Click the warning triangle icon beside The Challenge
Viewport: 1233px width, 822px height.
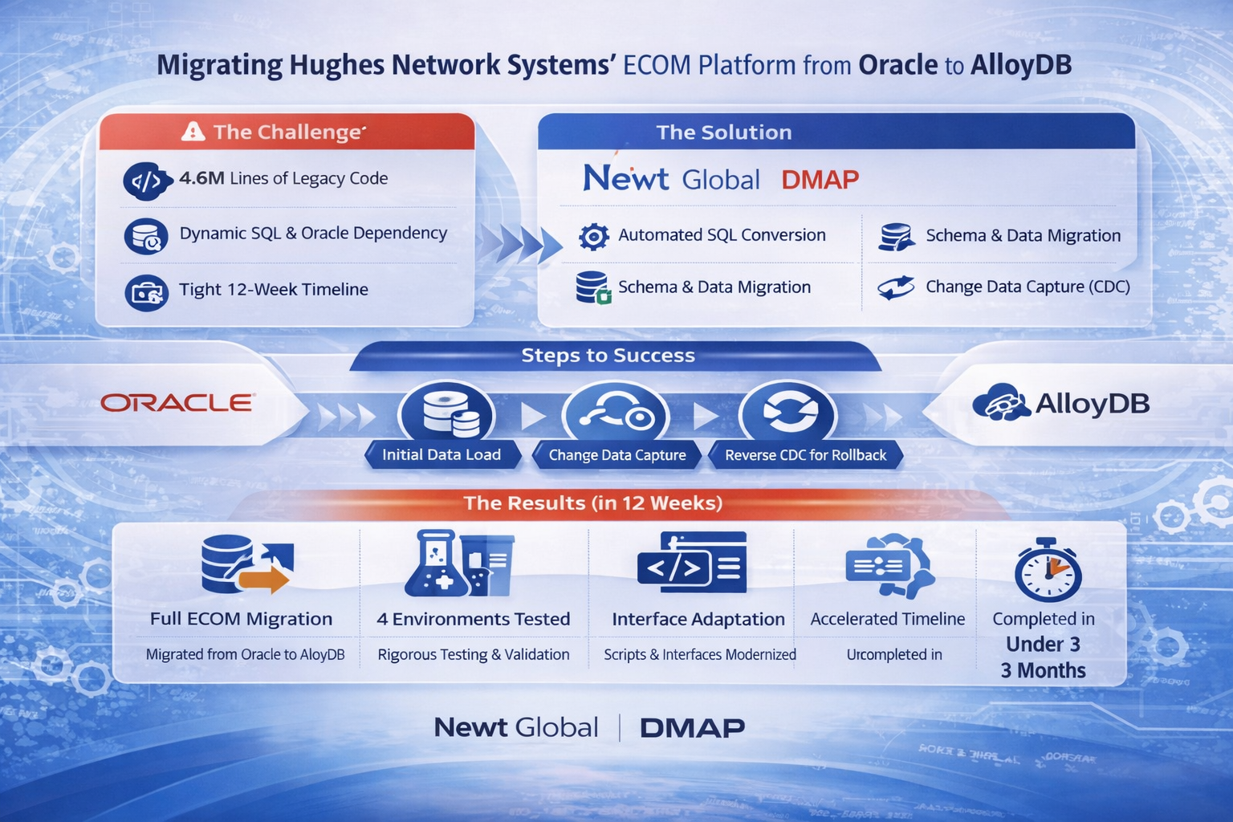pyautogui.click(x=193, y=131)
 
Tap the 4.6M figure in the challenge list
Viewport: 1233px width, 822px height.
pyautogui.click(x=201, y=178)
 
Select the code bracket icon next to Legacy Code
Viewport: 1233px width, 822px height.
pyautogui.click(x=146, y=182)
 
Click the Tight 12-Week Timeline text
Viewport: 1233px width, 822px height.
pyautogui.click(x=273, y=289)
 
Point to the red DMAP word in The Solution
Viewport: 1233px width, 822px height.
pyautogui.click(x=820, y=179)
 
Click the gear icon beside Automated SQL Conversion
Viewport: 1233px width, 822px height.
pyautogui.click(x=594, y=236)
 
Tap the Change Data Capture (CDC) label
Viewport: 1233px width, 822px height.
pyautogui.click(x=1027, y=287)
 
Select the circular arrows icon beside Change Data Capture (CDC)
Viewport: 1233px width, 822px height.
pyautogui.click(x=896, y=287)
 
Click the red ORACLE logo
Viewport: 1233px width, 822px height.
pyautogui.click(x=177, y=402)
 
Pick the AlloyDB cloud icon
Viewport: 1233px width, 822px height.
pyautogui.click(x=1000, y=403)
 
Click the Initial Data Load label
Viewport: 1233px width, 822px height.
pyautogui.click(x=442, y=455)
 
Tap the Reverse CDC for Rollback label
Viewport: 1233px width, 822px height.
pyautogui.click(x=805, y=455)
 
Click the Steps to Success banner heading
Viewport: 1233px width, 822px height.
pyautogui.click(x=608, y=356)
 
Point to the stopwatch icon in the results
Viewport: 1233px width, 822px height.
pyautogui.click(x=1048, y=571)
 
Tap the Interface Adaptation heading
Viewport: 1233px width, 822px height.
pyautogui.click(x=698, y=619)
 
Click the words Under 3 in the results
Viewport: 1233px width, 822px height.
pyautogui.click(x=1043, y=645)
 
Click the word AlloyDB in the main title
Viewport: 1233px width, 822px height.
pyautogui.click(x=1021, y=65)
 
